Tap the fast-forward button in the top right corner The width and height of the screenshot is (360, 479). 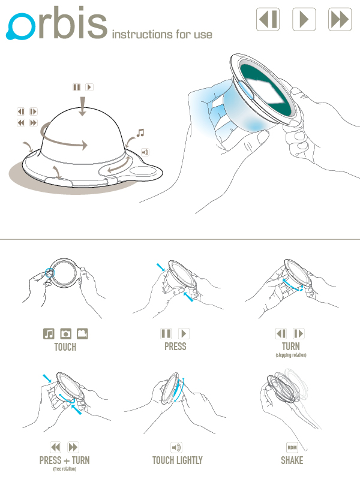point(340,19)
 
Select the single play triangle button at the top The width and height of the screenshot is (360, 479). point(304,19)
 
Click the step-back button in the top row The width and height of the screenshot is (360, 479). point(268,19)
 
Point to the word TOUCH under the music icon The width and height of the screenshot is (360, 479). point(65,347)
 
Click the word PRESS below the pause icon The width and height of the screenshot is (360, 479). point(175,347)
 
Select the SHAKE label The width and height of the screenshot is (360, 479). point(292,460)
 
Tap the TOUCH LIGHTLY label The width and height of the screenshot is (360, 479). point(178,460)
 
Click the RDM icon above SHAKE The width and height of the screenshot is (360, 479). point(292,448)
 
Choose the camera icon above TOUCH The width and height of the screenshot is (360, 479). point(65,333)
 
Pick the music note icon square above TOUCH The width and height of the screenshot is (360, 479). point(49,333)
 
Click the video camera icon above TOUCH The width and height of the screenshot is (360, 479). point(82,333)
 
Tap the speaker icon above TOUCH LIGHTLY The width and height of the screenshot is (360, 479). point(176,448)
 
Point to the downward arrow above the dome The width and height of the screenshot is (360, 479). point(82,106)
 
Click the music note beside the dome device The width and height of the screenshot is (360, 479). point(140,133)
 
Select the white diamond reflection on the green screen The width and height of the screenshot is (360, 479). point(265,91)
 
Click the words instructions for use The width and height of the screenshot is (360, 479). point(162,34)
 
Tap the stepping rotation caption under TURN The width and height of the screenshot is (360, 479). point(291,355)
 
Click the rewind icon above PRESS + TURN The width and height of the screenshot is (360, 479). point(56,447)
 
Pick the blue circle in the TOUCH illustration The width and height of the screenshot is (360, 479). point(50,273)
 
